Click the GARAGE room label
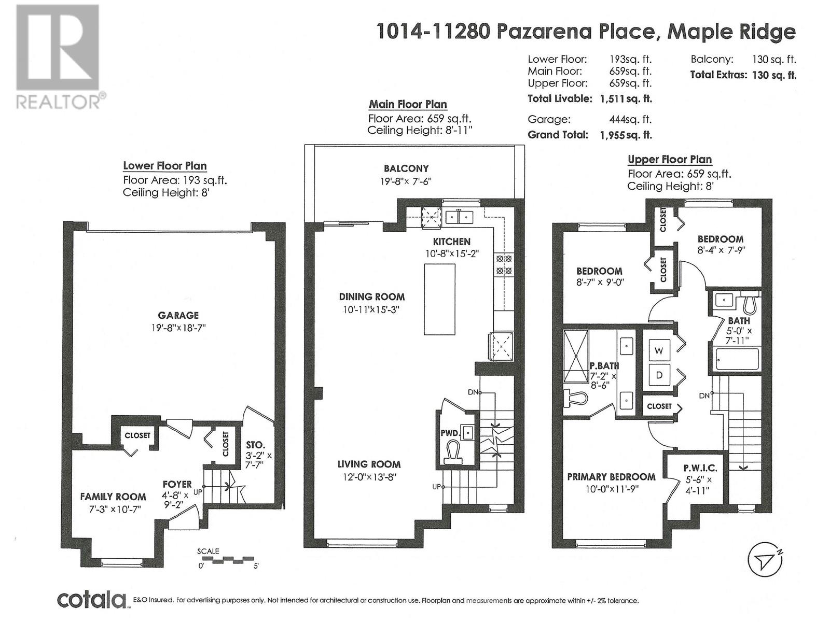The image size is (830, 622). pyautogui.click(x=178, y=315)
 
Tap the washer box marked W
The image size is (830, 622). pyautogui.click(x=659, y=351)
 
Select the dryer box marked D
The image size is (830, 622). pyautogui.click(x=659, y=375)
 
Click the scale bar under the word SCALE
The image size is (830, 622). pyautogui.click(x=225, y=559)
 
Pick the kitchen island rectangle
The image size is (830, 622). pyautogui.click(x=439, y=299)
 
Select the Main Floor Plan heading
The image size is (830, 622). pyautogui.click(x=408, y=105)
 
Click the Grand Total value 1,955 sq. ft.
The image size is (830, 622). pyautogui.click(x=626, y=135)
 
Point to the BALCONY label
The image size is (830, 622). pyautogui.click(x=406, y=168)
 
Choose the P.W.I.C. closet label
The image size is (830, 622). pyautogui.click(x=700, y=468)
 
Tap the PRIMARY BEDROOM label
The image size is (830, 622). pyautogui.click(x=611, y=477)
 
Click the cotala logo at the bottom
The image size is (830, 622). pyautogui.click(x=92, y=600)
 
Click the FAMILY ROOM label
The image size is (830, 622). pyautogui.click(x=113, y=497)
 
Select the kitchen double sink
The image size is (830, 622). pyautogui.click(x=459, y=217)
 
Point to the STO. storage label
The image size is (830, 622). pyautogui.click(x=256, y=445)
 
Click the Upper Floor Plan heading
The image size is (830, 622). pyautogui.click(x=670, y=160)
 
